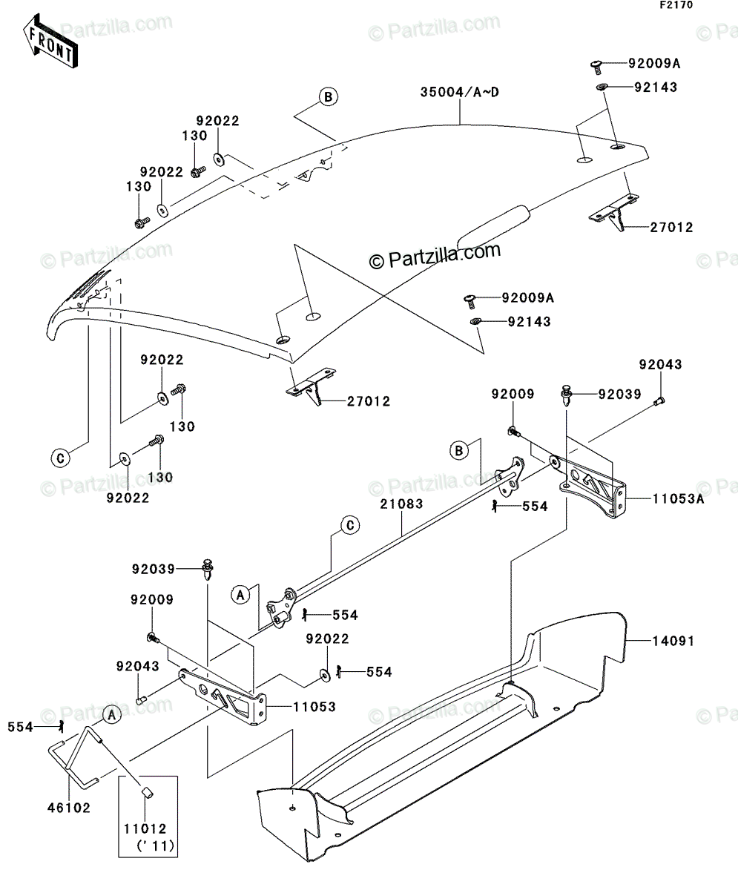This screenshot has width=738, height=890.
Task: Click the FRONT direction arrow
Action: (x=50, y=41)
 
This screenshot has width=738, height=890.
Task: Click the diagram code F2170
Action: (x=676, y=5)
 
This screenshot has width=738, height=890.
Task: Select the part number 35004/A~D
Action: (x=459, y=92)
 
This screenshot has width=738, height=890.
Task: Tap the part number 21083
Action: (x=401, y=504)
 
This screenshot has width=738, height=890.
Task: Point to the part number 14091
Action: (x=673, y=641)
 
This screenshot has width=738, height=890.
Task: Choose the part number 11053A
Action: (x=679, y=498)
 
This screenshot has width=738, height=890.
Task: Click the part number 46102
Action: (x=69, y=808)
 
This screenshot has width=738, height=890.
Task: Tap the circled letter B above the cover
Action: (x=329, y=96)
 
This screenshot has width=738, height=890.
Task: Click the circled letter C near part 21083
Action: (x=350, y=526)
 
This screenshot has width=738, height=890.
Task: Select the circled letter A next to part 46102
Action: (x=111, y=715)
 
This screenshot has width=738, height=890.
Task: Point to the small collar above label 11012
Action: (x=147, y=794)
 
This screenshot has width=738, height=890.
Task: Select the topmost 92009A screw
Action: (x=596, y=65)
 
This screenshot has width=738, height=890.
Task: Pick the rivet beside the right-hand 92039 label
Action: (x=566, y=395)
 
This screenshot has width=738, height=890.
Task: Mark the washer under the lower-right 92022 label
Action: (x=324, y=676)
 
